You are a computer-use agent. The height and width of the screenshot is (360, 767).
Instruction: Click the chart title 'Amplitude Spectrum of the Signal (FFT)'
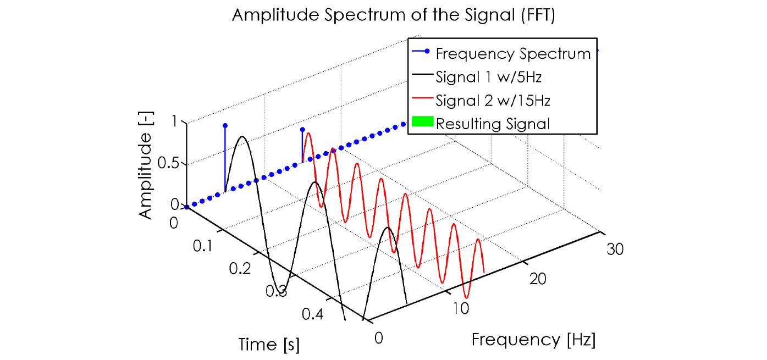[x=394, y=15]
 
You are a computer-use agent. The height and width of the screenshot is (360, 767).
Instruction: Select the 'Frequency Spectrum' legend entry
[x=512, y=54]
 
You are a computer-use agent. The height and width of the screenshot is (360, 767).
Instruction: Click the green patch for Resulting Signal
[x=421, y=123]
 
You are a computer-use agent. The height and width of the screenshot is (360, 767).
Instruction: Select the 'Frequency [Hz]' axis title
[x=533, y=339]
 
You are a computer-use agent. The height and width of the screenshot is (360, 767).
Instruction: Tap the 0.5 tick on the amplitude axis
[x=171, y=164]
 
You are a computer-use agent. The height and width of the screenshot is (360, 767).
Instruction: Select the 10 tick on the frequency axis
[x=461, y=308]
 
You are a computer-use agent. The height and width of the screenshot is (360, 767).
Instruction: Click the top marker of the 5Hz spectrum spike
[x=225, y=125]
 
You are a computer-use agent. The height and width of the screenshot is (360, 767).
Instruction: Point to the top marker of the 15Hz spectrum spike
[x=302, y=130]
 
